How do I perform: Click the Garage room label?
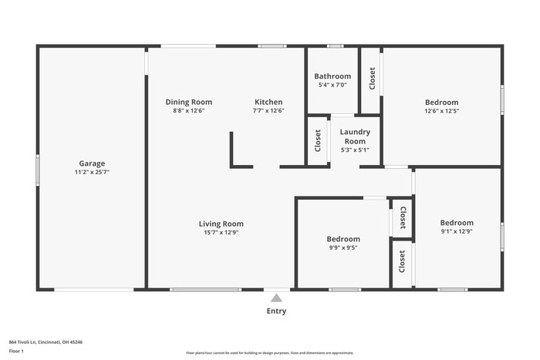coord(92,163)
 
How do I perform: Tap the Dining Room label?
coord(189,102)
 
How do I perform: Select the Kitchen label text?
coord(268,102)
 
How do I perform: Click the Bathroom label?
coord(332,76)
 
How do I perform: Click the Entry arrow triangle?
coord(276,298)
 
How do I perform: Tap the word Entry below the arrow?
coord(276,311)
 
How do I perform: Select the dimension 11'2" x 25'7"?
coord(92,173)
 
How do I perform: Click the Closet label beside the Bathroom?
coord(372,79)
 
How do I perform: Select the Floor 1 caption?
coord(16,352)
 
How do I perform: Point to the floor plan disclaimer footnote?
coord(269,352)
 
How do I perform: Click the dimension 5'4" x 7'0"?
coord(332,85)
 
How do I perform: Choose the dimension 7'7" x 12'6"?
coord(268,110)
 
